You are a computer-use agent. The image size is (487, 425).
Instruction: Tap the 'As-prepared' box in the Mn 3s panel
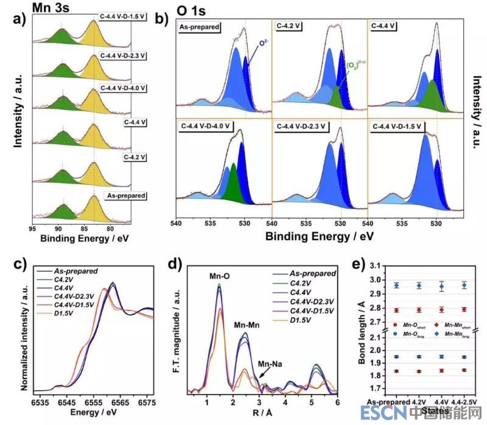(x=126, y=196)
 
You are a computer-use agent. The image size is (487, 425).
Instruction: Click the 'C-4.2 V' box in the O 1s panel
(x=290, y=26)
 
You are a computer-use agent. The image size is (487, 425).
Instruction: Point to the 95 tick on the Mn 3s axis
(x=32, y=228)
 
